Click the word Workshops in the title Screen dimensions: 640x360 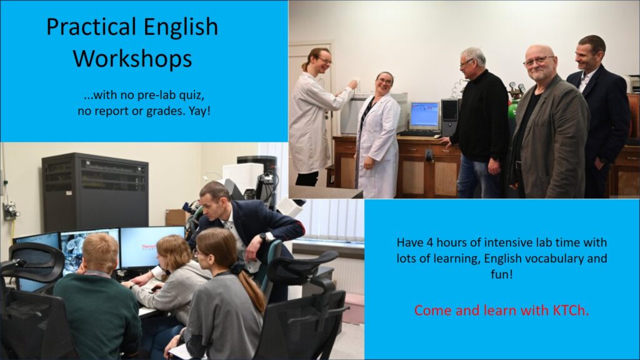132,58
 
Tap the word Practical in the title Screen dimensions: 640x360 91,27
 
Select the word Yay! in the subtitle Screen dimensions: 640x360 199,111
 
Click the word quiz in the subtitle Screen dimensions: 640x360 189,96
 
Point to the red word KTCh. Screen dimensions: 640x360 571,310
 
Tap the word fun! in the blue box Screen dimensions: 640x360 502,274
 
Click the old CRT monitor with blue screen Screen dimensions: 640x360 424,116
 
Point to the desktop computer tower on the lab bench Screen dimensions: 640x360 450,117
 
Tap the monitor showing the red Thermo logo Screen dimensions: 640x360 152,247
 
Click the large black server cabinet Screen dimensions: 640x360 95,192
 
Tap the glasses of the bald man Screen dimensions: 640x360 538,61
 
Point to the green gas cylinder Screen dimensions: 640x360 512,110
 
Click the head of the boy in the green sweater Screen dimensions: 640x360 99,253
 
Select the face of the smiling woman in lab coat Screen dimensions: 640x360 384,84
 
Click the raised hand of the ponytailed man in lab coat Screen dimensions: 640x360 352,84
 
